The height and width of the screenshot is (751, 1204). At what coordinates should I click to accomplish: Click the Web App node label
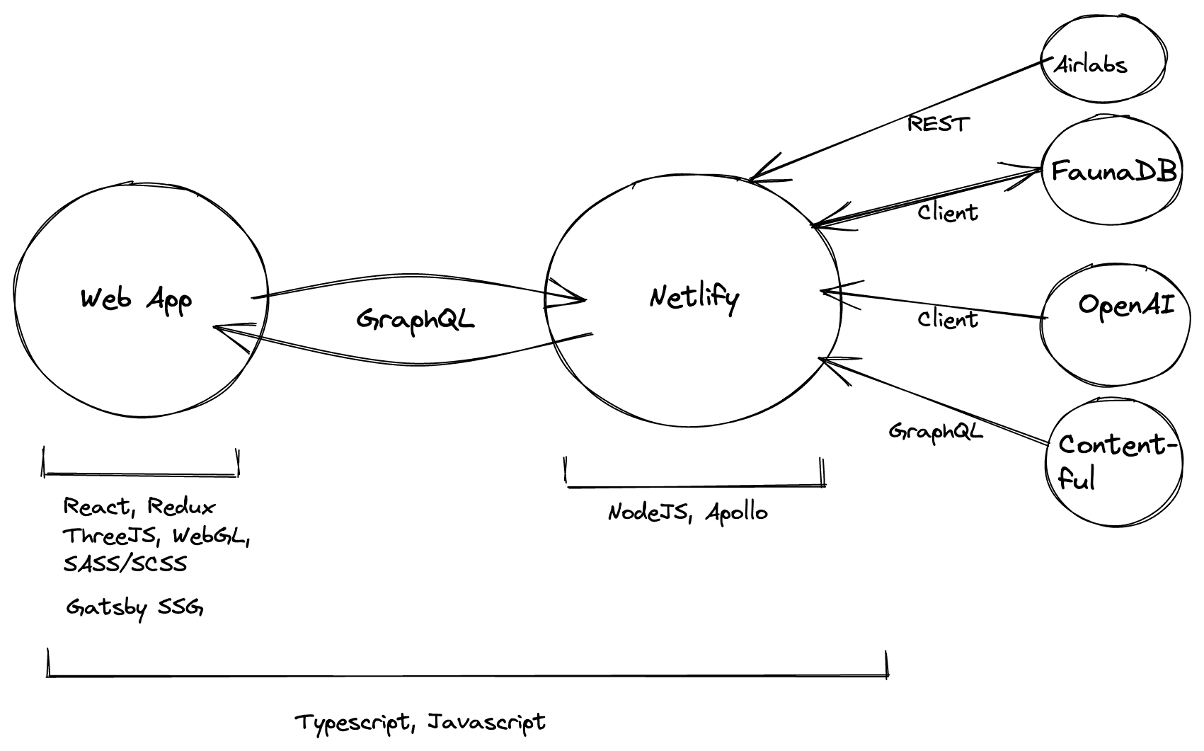coord(136,299)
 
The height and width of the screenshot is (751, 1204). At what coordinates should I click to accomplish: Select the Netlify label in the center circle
coord(694,297)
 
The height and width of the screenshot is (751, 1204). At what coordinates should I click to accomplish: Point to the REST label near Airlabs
coord(938,125)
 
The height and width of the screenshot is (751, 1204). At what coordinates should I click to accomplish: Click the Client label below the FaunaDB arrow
coord(948,212)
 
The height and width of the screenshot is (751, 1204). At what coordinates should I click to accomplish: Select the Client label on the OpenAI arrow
coord(948,319)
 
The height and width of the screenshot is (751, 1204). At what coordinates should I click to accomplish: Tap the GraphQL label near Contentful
coord(936,431)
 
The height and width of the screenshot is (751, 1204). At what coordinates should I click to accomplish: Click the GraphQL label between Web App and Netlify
coord(415,320)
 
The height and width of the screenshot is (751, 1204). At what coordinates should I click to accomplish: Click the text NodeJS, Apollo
coord(687,512)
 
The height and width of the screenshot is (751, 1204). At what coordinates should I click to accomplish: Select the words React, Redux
coord(139,507)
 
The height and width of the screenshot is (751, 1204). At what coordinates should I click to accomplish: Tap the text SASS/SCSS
coord(125,564)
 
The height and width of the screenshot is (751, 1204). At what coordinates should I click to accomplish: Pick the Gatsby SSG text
coord(134,607)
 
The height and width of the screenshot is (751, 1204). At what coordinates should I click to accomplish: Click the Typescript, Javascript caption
coord(420,723)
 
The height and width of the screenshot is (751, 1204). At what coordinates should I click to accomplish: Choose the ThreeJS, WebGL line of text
coord(156,536)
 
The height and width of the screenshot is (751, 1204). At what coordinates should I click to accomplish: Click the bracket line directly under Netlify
coord(695,486)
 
